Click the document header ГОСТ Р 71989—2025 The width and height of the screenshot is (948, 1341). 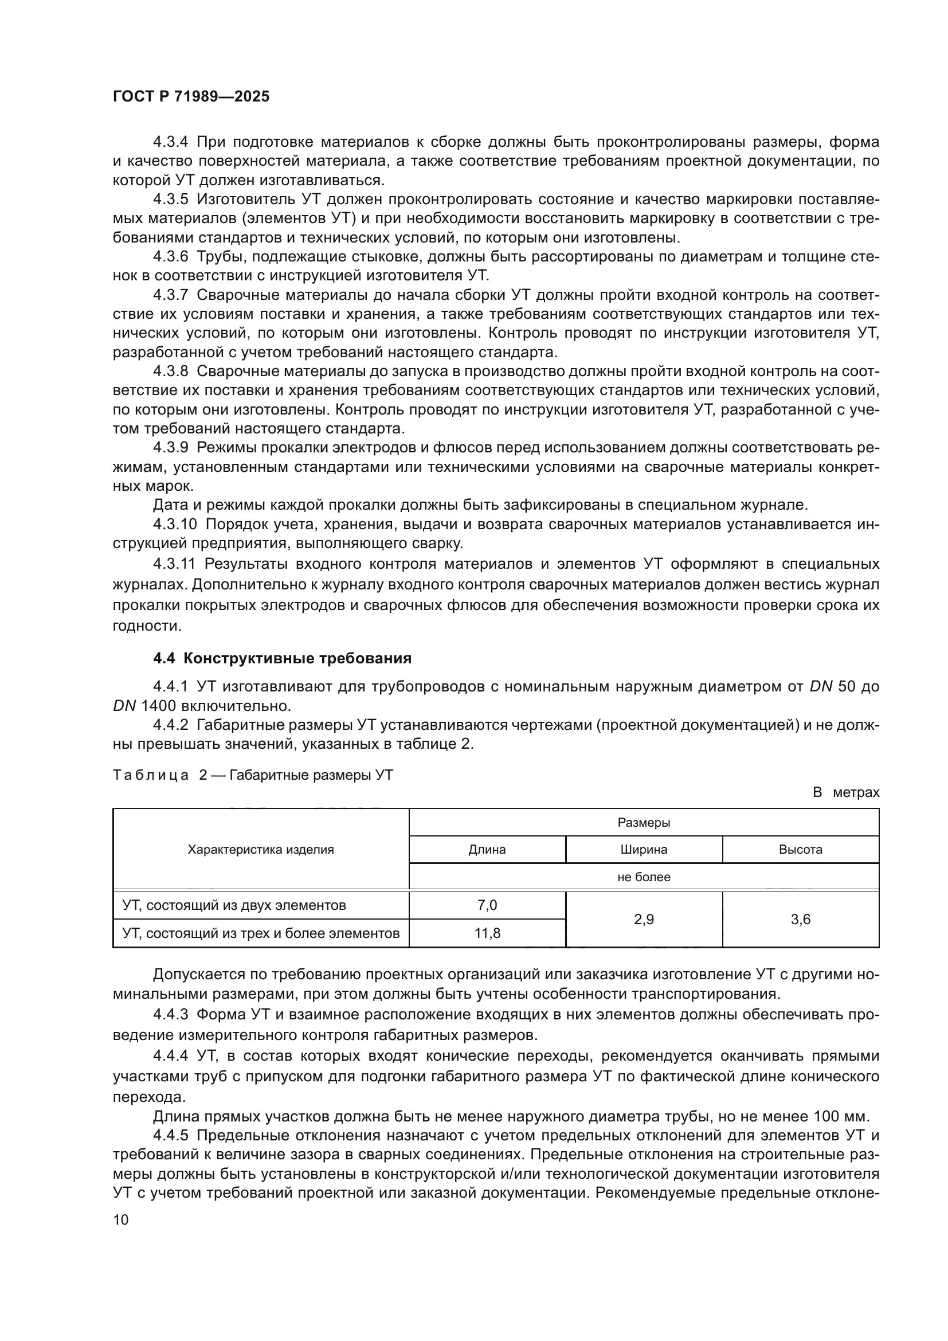tap(191, 97)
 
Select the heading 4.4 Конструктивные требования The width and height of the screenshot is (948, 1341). tap(282, 658)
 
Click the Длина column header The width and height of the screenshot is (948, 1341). tap(487, 849)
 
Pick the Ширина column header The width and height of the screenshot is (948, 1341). tap(643, 849)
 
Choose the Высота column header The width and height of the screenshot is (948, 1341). tap(800, 849)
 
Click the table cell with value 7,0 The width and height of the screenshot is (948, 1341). tap(487, 905)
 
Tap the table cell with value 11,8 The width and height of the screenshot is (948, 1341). tap(487, 933)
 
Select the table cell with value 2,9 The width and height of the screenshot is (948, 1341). tap(643, 919)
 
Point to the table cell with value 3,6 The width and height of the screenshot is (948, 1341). tap(800, 919)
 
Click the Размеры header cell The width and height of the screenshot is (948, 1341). tap(643, 822)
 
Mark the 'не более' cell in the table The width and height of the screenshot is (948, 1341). tap(643, 877)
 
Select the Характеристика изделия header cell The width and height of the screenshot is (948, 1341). tap(260, 849)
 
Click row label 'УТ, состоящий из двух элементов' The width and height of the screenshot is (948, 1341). tap(234, 905)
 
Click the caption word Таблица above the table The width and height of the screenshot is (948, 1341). tap(151, 775)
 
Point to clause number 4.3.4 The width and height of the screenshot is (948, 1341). tap(170, 142)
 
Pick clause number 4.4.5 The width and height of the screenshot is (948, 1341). tap(170, 1135)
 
